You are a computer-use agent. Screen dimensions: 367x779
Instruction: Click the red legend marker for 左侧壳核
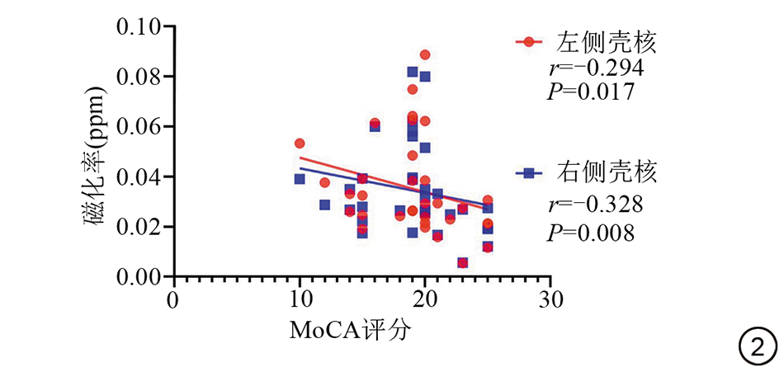click(x=528, y=41)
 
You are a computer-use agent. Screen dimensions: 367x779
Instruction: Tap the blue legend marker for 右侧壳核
click(x=528, y=173)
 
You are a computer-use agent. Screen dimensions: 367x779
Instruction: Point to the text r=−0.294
click(x=596, y=67)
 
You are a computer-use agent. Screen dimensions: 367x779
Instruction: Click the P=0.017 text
click(x=591, y=92)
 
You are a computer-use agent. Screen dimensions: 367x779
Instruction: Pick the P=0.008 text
click(x=591, y=232)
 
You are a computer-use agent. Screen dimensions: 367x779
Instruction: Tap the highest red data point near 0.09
click(x=425, y=55)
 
